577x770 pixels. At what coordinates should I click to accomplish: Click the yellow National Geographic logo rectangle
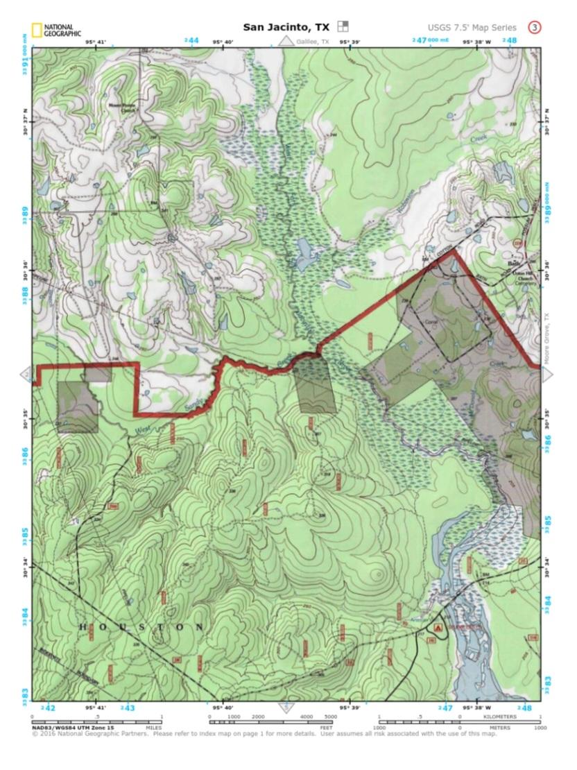tap(35, 31)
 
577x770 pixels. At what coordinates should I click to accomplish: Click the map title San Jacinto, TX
tap(286, 28)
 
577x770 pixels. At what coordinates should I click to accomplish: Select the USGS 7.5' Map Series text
tap(472, 28)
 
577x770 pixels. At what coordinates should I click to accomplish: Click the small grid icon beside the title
tap(343, 27)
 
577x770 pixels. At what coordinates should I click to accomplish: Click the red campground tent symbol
tap(438, 626)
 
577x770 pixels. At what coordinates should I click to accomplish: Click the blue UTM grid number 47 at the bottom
tap(447, 708)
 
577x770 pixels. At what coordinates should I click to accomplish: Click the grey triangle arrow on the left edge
tap(26, 375)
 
